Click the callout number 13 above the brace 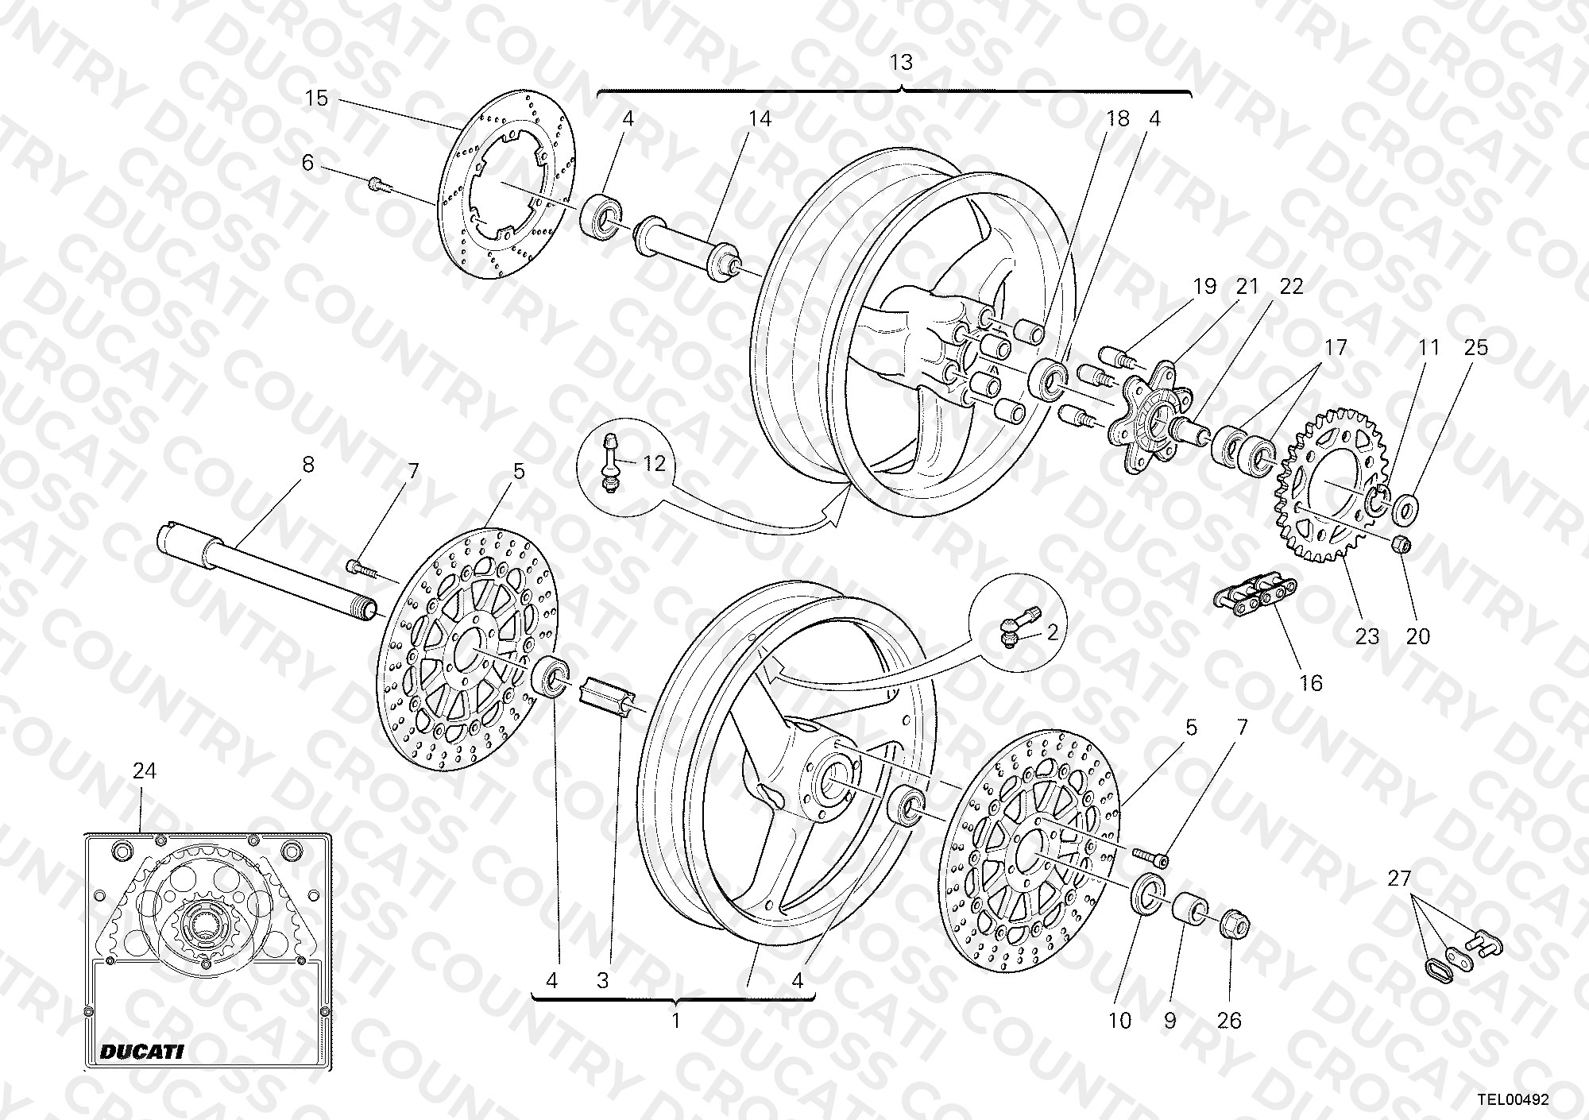[x=901, y=62]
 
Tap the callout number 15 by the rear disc [x=316, y=98]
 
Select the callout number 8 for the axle [x=308, y=465]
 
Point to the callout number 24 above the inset [x=145, y=770]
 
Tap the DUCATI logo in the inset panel [x=142, y=1052]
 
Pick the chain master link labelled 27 [x=1460, y=956]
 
